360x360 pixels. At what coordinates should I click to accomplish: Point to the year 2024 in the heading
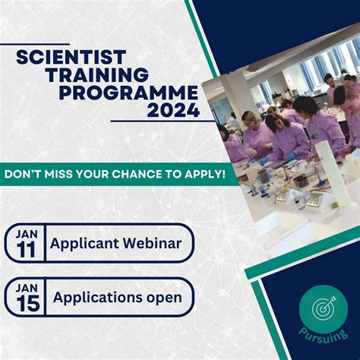click(175, 111)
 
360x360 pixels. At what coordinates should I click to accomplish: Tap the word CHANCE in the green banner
click(144, 173)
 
